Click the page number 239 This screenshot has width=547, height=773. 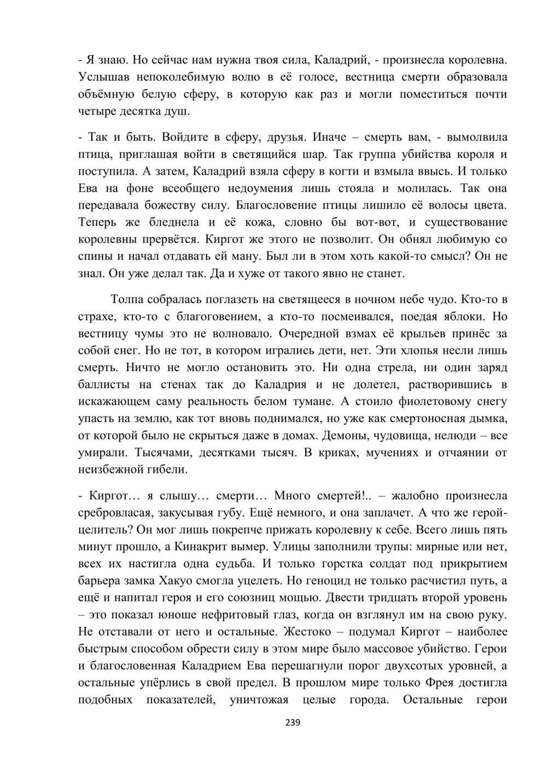[x=293, y=722]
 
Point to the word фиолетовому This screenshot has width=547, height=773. [x=424, y=402]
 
